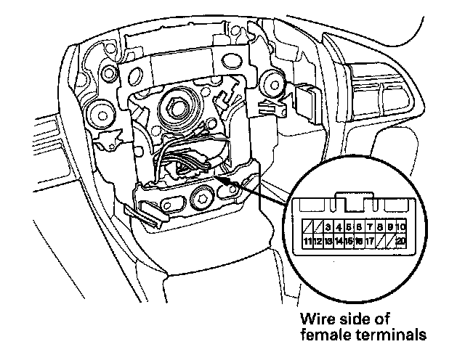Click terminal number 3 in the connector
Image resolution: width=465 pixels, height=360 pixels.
(328, 228)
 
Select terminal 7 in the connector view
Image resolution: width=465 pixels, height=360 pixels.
(370, 228)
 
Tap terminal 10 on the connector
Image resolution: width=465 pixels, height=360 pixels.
(400, 228)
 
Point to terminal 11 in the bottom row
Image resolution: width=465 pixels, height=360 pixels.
(308, 241)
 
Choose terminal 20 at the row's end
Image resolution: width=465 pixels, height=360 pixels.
(400, 241)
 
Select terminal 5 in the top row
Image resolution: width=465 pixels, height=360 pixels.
(349, 228)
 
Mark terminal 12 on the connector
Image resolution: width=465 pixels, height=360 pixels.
(318, 241)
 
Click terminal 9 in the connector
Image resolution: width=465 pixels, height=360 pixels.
(390, 228)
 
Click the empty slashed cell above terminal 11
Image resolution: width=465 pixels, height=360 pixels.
(308, 228)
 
